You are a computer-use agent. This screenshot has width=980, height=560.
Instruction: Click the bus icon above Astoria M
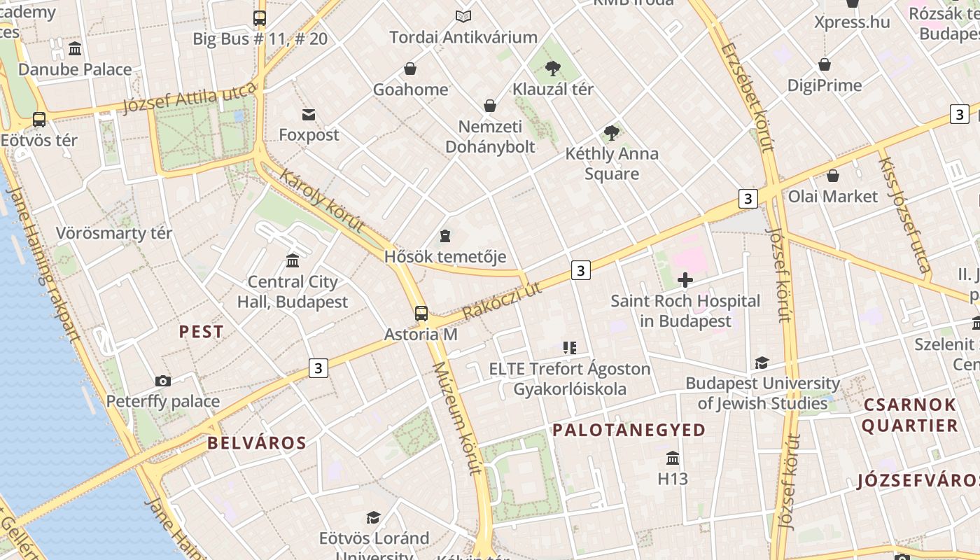coord(421,313)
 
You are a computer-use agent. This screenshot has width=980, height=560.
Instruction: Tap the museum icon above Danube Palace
coord(75,49)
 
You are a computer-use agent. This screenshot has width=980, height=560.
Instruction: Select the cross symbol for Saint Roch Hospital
coord(685,281)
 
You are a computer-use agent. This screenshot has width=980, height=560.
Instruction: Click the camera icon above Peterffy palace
coord(163,381)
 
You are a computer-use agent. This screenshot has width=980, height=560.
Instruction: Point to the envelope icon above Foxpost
coord(309,114)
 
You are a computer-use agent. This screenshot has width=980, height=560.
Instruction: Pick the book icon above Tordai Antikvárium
coord(463,16)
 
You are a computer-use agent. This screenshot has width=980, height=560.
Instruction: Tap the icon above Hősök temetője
coord(445,236)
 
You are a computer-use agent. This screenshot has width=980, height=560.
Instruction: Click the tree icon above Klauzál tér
coord(553,68)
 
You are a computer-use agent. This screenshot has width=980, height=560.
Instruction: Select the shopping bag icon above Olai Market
coord(833,176)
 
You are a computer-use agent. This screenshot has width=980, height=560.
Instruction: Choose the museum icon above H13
coord(673,458)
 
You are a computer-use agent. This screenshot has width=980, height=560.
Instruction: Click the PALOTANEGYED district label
coord(629,430)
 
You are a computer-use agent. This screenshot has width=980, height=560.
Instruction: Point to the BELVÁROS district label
coord(257,442)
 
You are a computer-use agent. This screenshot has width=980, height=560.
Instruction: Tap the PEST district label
coord(202,332)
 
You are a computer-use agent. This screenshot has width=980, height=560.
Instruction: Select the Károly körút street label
coord(322,200)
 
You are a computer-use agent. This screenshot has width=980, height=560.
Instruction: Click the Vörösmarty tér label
coord(114,233)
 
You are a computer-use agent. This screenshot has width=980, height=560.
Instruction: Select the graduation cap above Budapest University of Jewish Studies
coord(762,363)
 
